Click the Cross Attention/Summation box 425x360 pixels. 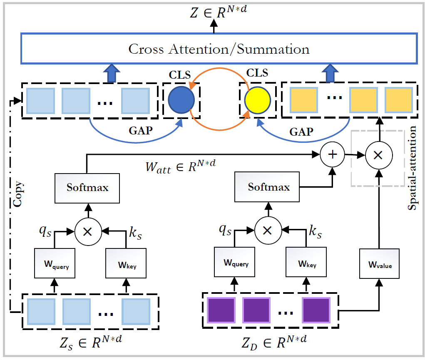[219, 49]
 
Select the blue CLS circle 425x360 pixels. [181, 100]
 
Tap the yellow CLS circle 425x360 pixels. [258, 100]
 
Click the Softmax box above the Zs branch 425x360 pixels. [87, 188]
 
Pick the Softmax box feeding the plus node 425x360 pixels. [267, 187]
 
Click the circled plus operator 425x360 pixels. [332, 154]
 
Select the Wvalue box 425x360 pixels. [380, 263]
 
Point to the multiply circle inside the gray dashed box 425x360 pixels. [379, 155]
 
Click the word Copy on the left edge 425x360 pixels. [18, 194]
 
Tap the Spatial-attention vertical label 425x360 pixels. [412, 168]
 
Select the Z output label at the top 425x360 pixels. [219, 12]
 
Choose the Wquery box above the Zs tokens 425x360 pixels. [55, 263]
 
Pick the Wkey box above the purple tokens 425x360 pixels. [306, 262]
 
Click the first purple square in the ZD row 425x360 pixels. [221, 310]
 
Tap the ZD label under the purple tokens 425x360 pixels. [274, 343]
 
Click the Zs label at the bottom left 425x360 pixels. [91, 343]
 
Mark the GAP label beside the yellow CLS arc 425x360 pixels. [301, 132]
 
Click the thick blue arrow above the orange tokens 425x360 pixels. [330, 73]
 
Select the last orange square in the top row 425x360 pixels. [399, 100]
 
